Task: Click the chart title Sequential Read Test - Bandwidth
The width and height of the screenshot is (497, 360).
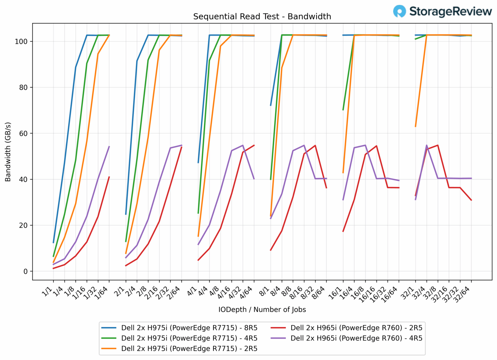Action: [262, 16]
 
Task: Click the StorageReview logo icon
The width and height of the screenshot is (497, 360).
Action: [399, 11]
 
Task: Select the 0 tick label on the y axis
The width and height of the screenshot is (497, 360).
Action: [26, 271]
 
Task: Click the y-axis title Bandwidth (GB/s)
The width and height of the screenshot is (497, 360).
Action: [8, 152]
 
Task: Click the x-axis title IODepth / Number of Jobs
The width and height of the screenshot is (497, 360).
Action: [262, 310]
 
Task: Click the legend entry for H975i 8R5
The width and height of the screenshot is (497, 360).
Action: [189, 328]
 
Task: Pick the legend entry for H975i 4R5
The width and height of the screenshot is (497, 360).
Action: [189, 338]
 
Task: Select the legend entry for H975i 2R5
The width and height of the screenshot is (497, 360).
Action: [189, 348]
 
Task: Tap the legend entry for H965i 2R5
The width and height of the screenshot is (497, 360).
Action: [356, 328]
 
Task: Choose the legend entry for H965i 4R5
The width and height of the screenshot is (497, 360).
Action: [356, 338]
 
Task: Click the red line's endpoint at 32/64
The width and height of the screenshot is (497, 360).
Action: [471, 200]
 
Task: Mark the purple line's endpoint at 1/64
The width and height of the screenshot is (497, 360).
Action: [109, 147]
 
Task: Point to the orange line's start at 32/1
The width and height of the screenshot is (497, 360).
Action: [415, 126]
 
